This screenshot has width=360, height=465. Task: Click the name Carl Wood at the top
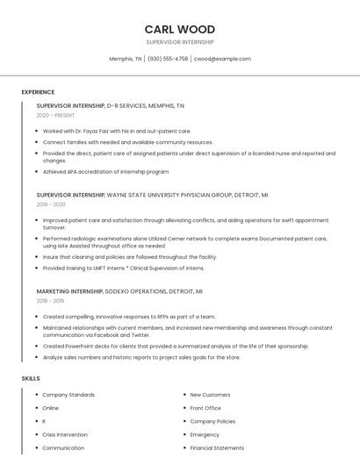pyautogui.click(x=180, y=29)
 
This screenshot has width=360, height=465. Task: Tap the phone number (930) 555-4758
pyautogui.click(x=168, y=59)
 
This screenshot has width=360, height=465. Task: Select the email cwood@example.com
pyautogui.click(x=222, y=59)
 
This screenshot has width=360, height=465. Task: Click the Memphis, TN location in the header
pyautogui.click(x=126, y=59)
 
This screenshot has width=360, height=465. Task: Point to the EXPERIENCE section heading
pyautogui.click(x=38, y=92)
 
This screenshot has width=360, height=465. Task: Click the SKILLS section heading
pyautogui.click(x=31, y=378)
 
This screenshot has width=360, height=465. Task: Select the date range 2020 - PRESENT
pyautogui.click(x=56, y=115)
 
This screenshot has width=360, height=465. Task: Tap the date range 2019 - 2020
pyautogui.click(x=51, y=204)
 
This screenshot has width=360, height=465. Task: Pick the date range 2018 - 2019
pyautogui.click(x=50, y=300)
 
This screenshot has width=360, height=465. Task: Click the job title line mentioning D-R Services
pyautogui.click(x=111, y=105)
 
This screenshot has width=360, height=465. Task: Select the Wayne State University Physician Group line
pyautogui.click(x=152, y=194)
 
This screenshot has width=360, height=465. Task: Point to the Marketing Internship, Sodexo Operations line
pyautogui.click(x=119, y=290)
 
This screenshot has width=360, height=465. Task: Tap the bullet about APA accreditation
pyautogui.click(x=105, y=171)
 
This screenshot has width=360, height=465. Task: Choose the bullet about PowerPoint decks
pyautogui.click(x=176, y=346)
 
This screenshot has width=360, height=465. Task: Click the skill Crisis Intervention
pyautogui.click(x=65, y=434)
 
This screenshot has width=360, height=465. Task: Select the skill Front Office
pyautogui.click(x=205, y=408)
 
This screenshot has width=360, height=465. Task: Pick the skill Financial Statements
pyautogui.click(x=217, y=447)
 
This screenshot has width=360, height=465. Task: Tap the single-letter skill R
pyautogui.click(x=44, y=421)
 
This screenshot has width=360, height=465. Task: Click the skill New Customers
pyautogui.click(x=210, y=395)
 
